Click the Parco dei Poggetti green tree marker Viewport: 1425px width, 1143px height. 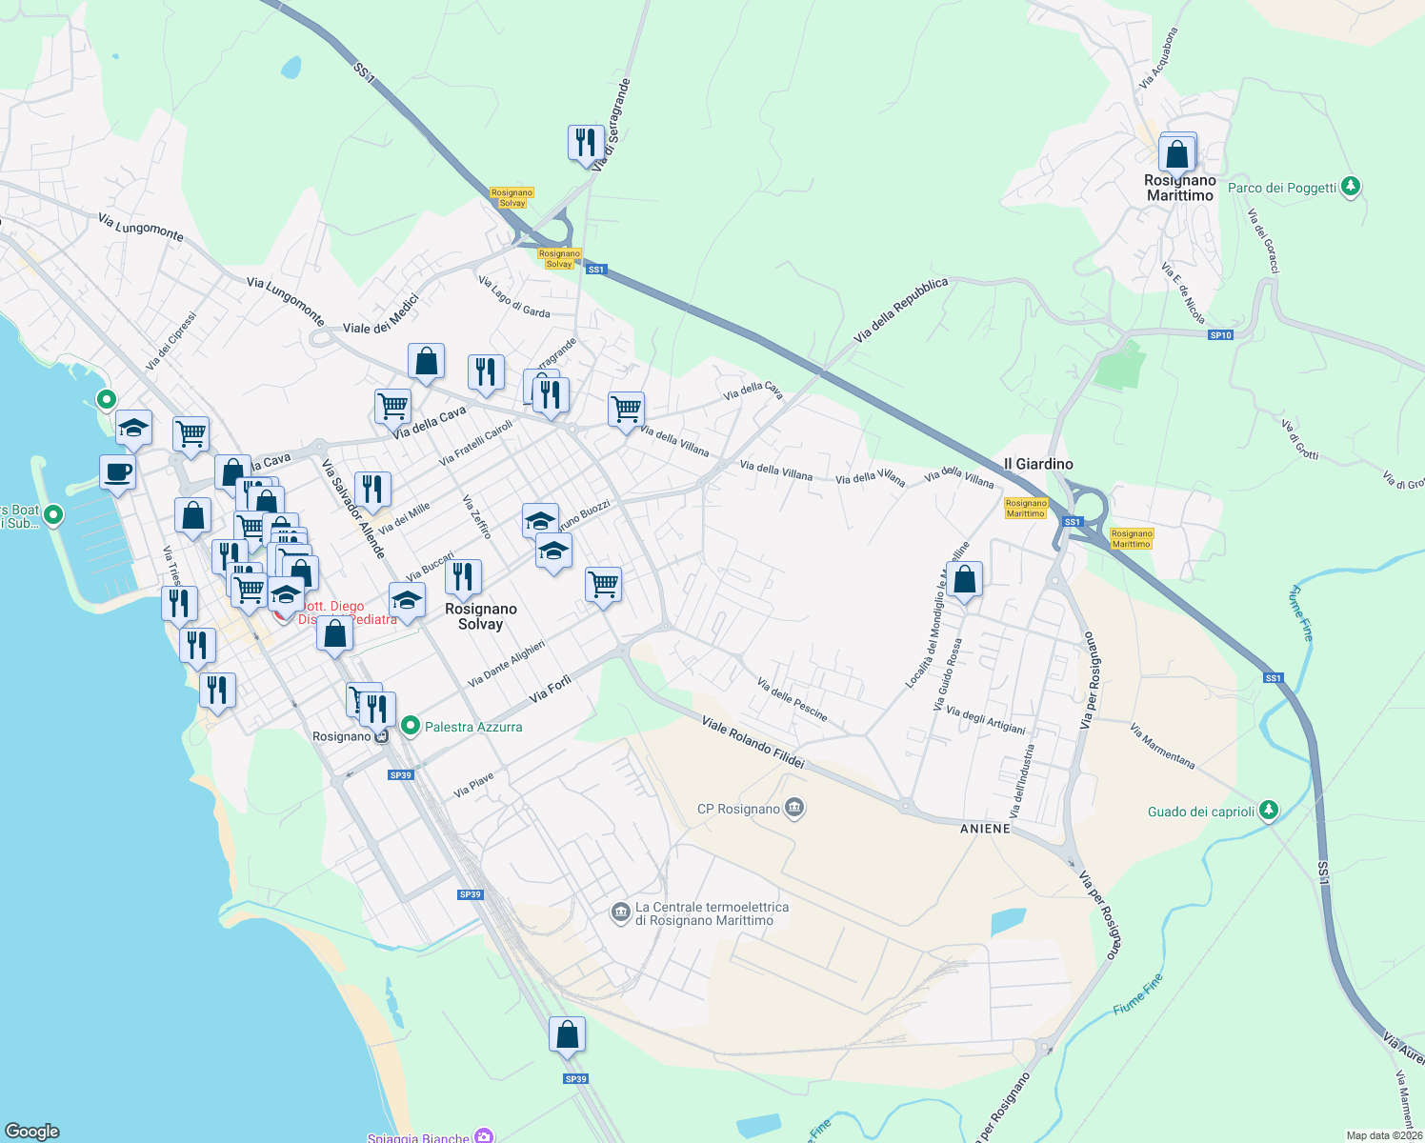1350,187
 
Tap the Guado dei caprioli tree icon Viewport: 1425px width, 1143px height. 1268,811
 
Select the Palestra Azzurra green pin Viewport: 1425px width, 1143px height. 411,726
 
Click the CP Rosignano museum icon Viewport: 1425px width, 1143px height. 795,809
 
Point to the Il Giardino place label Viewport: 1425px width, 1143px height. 1038,464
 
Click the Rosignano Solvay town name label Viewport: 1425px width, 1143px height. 481,616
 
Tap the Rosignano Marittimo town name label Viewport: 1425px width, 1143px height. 1180,188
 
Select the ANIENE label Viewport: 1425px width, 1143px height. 985,829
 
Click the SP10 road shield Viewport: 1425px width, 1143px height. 1220,335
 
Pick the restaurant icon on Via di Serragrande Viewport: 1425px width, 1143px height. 585,143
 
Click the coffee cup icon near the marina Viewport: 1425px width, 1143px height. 117,471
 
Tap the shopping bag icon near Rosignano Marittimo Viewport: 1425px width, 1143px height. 1177,152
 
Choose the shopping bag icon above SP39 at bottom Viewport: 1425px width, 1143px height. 567,1034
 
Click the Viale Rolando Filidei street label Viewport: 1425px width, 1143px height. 753,742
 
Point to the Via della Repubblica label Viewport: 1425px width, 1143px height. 901,311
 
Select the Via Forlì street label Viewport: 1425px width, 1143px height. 551,689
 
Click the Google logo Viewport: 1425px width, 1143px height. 32,1132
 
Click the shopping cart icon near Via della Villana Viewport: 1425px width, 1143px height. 626,410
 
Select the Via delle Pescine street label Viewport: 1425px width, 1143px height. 792,699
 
